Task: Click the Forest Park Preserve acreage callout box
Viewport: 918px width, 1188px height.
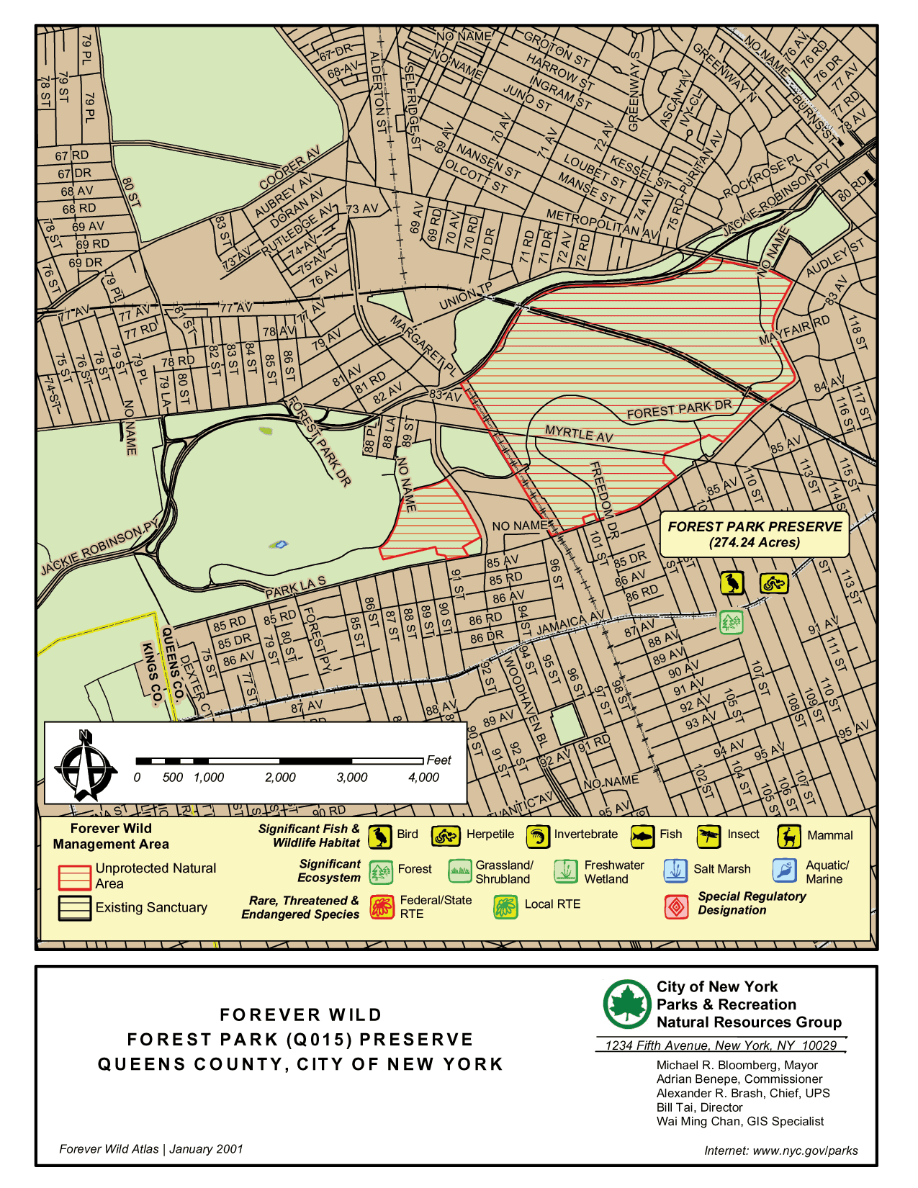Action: click(755, 534)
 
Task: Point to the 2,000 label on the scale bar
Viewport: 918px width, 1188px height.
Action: click(280, 778)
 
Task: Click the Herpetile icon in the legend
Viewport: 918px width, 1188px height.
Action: click(446, 836)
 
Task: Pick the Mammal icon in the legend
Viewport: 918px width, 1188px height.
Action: click(789, 836)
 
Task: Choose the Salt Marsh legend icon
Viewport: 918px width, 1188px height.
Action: click(675, 870)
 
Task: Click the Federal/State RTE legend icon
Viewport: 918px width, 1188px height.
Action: click(382, 906)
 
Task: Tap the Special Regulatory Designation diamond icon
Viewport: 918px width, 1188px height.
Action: click(676, 906)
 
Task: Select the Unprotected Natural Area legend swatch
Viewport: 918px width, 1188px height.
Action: click(74, 877)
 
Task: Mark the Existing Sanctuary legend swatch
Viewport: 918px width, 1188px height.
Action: click(74, 908)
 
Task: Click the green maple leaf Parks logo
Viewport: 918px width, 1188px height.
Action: click(627, 1004)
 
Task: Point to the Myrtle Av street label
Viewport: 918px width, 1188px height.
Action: click(579, 433)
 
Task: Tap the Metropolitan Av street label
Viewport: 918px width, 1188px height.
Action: click(603, 224)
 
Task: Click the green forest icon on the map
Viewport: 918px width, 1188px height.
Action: click(732, 621)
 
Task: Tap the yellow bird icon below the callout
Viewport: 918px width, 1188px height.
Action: click(732, 582)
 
